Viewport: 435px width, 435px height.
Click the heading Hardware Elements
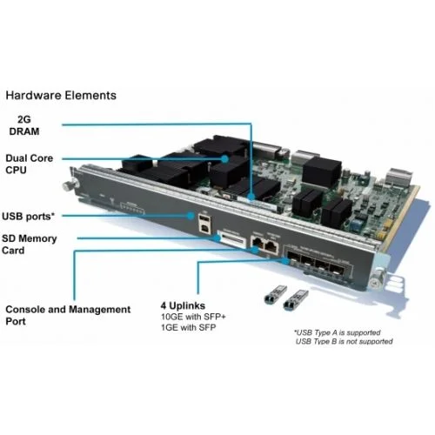61,96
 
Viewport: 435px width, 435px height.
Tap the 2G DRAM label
24,125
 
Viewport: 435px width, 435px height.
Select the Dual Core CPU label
29,164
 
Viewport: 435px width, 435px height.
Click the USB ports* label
28,217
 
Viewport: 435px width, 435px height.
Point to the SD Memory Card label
29,244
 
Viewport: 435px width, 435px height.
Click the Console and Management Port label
68,315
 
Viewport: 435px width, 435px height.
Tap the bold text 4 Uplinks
183,305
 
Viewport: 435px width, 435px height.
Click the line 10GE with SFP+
193,317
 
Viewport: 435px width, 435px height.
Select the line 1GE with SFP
189,327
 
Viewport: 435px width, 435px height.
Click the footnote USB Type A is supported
338,332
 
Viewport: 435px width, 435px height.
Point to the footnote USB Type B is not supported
345,341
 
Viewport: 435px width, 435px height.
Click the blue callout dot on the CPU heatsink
224,158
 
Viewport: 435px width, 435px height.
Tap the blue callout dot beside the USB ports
191,216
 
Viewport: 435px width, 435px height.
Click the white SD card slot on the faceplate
232,239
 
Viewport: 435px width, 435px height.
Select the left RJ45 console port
258,243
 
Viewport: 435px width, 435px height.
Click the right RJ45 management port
271,246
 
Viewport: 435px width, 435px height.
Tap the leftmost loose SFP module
276,294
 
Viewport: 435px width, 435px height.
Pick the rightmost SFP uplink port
338,271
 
